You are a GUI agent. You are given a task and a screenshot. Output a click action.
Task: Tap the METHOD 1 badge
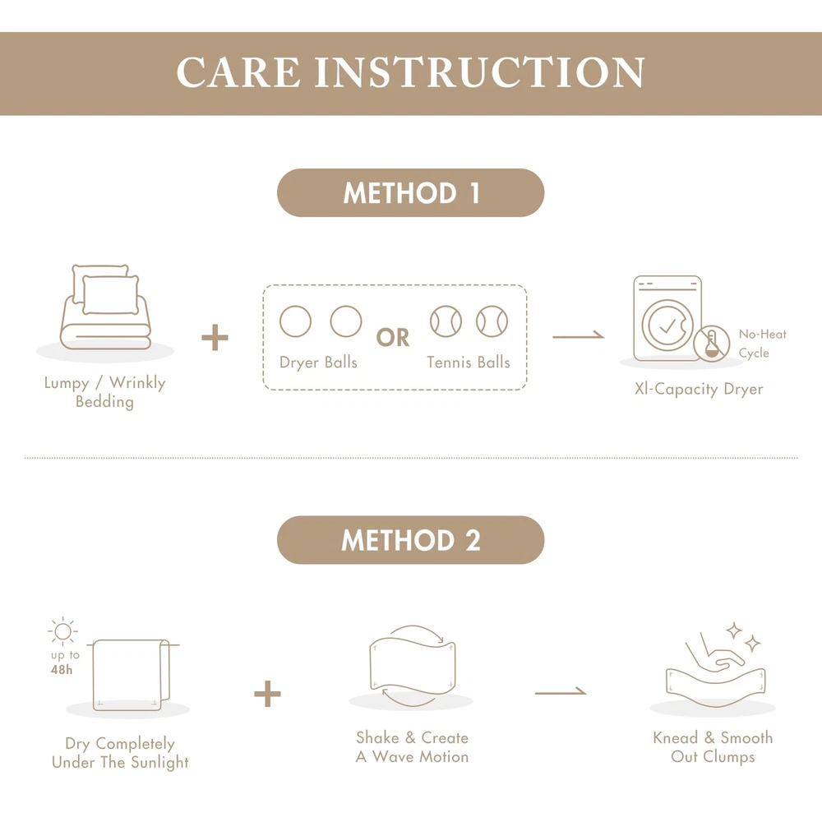[410, 192]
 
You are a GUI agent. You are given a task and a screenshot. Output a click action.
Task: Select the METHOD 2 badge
[410, 540]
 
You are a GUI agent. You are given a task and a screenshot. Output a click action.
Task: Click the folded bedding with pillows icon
[105, 307]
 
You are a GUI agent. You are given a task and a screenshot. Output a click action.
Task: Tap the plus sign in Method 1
[215, 337]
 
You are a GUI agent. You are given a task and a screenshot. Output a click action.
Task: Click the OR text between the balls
[393, 338]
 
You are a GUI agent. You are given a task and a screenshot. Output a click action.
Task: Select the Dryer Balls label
[318, 363]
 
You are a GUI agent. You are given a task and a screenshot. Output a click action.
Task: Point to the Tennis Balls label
[469, 363]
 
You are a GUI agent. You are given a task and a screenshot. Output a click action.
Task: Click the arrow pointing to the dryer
[578, 336]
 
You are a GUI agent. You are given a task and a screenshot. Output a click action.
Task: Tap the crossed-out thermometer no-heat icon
[711, 344]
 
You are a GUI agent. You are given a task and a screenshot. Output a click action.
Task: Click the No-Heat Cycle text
[762, 344]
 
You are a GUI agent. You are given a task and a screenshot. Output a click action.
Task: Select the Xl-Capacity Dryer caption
[699, 389]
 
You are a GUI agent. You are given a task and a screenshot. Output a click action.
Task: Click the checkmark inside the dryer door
[667, 326]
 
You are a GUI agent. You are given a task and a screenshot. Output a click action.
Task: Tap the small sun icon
[63, 631]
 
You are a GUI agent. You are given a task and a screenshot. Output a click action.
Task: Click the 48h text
[62, 669]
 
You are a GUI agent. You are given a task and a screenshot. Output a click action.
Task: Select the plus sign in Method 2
[267, 694]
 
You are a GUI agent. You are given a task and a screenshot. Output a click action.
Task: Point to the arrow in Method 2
[561, 692]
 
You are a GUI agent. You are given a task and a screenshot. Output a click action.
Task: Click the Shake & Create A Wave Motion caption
[412, 747]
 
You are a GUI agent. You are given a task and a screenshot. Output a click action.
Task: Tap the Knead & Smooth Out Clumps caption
[713, 747]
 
